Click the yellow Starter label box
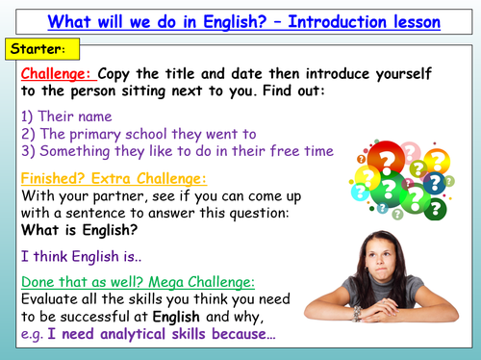coord(36,47)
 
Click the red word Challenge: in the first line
coord(57,73)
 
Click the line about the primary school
coord(136,133)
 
